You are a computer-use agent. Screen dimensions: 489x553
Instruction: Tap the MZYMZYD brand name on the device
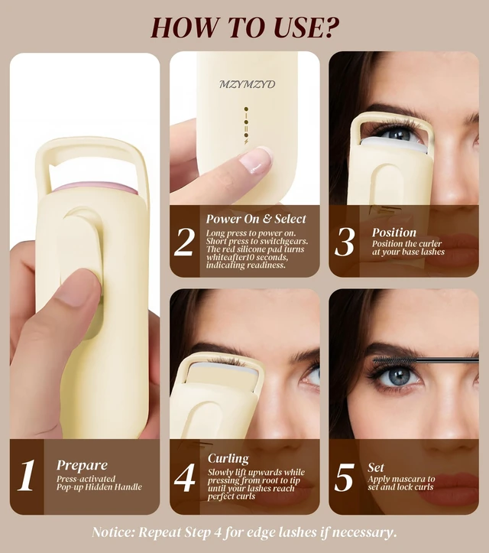tap(247, 84)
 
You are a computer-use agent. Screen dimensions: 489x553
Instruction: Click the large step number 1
tap(27, 475)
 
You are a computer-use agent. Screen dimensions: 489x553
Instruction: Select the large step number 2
tap(184, 242)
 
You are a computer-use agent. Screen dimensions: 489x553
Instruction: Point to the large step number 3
tap(344, 242)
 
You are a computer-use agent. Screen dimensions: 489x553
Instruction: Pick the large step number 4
tap(185, 477)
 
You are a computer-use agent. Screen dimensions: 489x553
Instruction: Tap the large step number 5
tap(344, 477)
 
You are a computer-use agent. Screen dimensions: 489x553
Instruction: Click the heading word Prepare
tap(82, 466)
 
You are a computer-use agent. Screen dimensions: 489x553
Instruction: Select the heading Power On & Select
tap(256, 219)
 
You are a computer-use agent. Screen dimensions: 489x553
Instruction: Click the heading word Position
tap(394, 233)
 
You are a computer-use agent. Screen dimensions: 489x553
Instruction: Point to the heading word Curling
tap(228, 458)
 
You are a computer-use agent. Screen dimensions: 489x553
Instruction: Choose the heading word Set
tap(376, 467)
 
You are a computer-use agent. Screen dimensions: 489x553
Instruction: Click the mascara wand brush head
tap(394, 360)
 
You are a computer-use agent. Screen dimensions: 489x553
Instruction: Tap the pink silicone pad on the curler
tap(95, 187)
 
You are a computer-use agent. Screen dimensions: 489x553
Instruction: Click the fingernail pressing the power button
tap(256, 161)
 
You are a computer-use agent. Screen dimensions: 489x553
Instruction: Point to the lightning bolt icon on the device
tap(246, 142)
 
